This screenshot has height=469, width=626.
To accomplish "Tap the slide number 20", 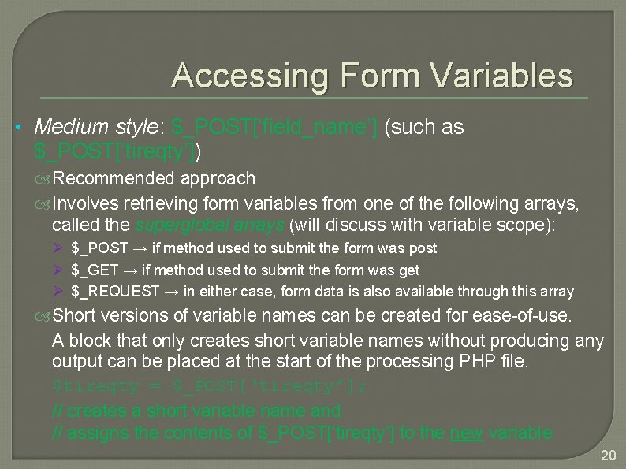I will [x=608, y=456].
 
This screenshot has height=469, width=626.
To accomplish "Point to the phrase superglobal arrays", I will [x=211, y=225].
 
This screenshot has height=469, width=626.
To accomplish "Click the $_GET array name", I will [x=94, y=270].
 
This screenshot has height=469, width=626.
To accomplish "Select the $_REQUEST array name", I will [x=115, y=292].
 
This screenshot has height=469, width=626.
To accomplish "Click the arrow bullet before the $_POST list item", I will [x=58, y=248].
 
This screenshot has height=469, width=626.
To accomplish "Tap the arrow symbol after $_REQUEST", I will [x=171, y=292].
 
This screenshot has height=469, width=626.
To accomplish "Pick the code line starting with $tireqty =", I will [x=210, y=387].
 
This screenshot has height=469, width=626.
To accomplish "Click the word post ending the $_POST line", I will [x=423, y=248].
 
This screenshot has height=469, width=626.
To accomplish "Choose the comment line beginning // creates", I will [x=196, y=411].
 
